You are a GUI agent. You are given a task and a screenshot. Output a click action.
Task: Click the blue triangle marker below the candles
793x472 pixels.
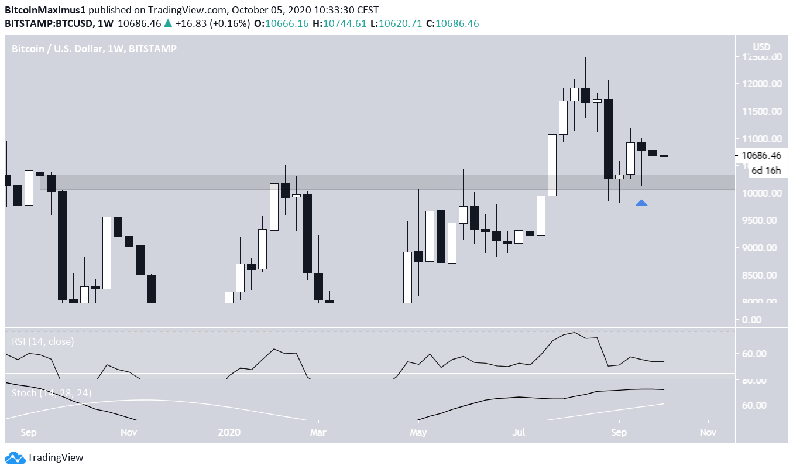tap(641, 203)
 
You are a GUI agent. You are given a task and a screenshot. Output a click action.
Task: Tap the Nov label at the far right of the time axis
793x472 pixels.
tap(708, 433)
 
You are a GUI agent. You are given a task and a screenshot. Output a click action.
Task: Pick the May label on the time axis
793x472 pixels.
tap(418, 433)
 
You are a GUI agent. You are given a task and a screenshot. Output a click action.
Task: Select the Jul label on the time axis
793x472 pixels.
tap(518, 433)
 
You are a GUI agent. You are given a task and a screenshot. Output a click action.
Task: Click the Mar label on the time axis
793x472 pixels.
tap(318, 433)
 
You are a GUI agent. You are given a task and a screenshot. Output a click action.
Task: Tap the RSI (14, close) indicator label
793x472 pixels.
tap(43, 341)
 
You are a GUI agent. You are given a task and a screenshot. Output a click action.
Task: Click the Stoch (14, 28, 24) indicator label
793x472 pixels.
tap(52, 392)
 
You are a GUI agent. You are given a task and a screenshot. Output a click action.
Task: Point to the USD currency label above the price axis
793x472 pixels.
tap(761, 47)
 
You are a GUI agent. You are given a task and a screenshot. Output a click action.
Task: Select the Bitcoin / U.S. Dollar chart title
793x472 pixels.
tap(94, 49)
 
